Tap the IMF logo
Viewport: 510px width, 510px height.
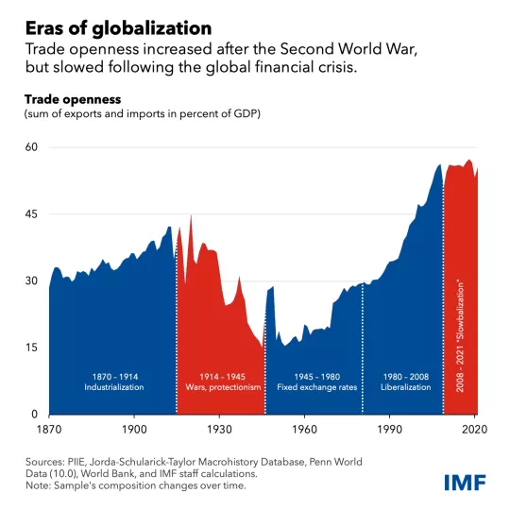coord(465,483)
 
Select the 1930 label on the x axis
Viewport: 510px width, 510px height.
coord(220,428)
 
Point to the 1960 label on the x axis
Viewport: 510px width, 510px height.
coord(305,428)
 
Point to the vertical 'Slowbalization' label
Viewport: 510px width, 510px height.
coord(460,337)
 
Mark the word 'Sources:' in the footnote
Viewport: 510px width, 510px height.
coord(46,462)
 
